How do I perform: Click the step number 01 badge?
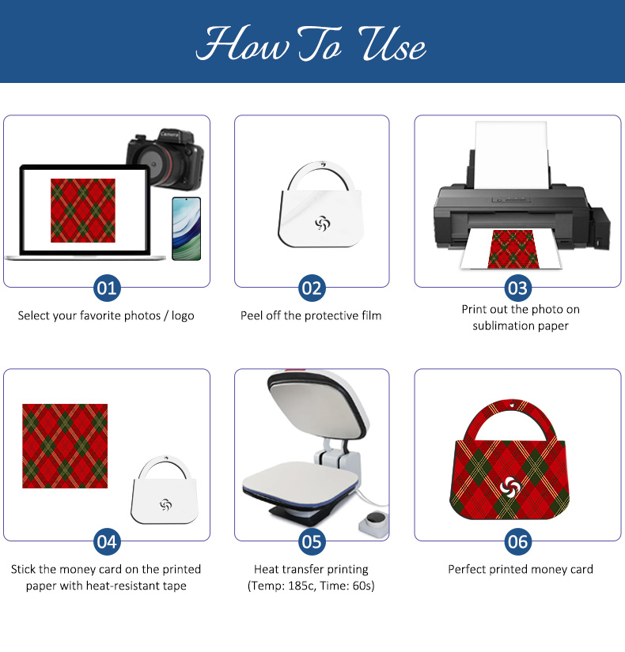pyautogui.click(x=107, y=288)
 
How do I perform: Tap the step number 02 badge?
pyautogui.click(x=312, y=288)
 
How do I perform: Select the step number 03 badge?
pyautogui.click(x=518, y=288)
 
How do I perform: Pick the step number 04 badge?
pyautogui.click(x=107, y=542)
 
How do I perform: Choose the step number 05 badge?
pyautogui.click(x=312, y=542)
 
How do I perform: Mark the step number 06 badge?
pyautogui.click(x=518, y=542)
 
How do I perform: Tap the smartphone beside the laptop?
pyautogui.click(x=187, y=228)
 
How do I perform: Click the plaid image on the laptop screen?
pyautogui.click(x=83, y=210)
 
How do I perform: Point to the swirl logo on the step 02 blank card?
pyautogui.click(x=322, y=224)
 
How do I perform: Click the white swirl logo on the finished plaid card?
pyautogui.click(x=510, y=487)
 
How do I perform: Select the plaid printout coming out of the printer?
pyautogui.click(x=513, y=249)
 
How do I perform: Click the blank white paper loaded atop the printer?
pyautogui.click(x=511, y=155)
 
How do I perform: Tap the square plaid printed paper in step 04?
pyautogui.click(x=65, y=446)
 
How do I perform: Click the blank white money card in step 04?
pyautogui.click(x=165, y=490)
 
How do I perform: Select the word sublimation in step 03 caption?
pyautogui.click(x=502, y=326)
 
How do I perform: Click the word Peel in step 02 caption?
pyautogui.click(x=252, y=315)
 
